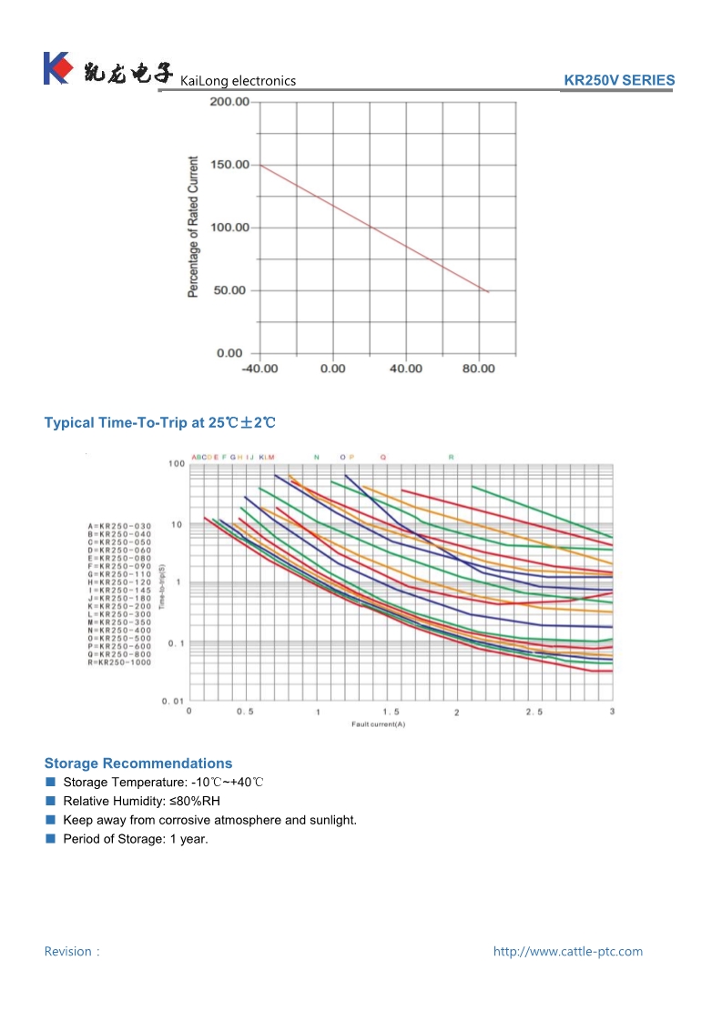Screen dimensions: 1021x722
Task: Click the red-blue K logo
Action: tap(56, 68)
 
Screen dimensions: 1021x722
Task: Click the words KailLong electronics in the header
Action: tap(239, 81)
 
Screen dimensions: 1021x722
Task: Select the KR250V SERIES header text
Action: tap(619, 80)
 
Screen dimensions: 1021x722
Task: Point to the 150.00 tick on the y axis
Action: tap(229, 165)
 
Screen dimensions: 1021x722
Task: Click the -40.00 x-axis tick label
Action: tap(259, 369)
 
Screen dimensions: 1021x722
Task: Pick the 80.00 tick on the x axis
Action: tap(479, 369)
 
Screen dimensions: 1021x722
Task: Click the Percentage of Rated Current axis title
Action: tap(193, 227)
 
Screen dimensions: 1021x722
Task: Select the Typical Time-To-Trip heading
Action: tap(159, 423)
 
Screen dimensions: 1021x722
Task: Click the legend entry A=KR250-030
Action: tap(120, 527)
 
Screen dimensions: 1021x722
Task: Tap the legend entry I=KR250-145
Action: tap(120, 591)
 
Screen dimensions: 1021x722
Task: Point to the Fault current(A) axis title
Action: tap(378, 724)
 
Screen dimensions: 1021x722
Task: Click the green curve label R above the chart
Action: tap(451, 457)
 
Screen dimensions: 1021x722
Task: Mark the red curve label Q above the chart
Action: tap(382, 457)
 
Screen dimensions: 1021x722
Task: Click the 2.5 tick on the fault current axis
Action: tap(534, 712)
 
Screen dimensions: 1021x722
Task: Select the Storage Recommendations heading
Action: tap(138, 763)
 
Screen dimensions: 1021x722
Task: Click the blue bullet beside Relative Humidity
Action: tap(50, 802)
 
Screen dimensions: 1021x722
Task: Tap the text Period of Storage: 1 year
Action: tap(136, 839)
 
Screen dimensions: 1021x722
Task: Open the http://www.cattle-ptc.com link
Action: tap(567, 952)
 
